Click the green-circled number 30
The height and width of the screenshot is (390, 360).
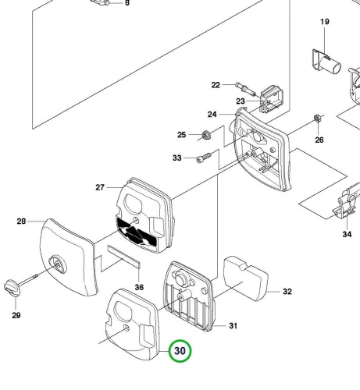(180, 351)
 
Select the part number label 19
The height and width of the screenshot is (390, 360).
(325, 22)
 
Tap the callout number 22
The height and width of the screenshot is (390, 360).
(216, 85)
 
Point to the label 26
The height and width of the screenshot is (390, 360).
(319, 140)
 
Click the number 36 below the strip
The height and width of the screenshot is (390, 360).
(139, 287)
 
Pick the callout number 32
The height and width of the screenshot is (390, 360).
(287, 292)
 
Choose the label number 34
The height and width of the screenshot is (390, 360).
(347, 234)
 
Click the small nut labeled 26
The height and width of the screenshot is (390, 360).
(317, 119)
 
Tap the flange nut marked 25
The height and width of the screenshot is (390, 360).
(206, 135)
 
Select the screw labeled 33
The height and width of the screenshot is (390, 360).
(204, 158)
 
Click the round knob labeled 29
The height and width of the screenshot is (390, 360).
(12, 289)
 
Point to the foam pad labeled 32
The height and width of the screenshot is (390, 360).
(246, 278)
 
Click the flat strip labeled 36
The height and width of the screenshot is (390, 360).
(124, 257)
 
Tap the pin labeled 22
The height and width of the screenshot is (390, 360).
(245, 89)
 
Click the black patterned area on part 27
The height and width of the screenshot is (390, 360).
(137, 232)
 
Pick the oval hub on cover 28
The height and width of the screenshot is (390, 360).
(58, 264)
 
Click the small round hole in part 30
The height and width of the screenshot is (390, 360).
(127, 328)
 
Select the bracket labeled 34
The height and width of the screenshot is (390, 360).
(347, 201)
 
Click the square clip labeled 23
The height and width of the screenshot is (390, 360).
(272, 99)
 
